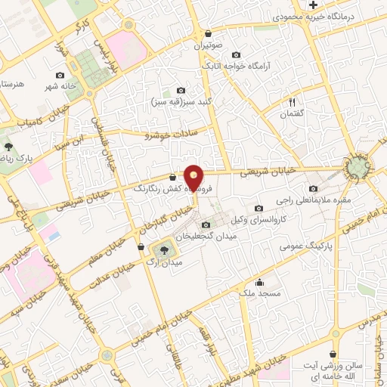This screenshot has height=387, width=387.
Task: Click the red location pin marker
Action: (x=194, y=178)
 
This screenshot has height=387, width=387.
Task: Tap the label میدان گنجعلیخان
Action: (x=206, y=237)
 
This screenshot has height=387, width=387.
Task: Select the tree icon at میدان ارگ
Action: (x=166, y=250)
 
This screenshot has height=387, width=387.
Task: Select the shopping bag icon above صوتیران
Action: (x=208, y=33)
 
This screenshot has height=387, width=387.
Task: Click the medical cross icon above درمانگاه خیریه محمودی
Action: (x=313, y=5)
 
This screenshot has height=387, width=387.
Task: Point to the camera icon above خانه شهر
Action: (x=60, y=75)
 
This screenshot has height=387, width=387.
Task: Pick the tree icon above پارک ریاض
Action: (x=9, y=146)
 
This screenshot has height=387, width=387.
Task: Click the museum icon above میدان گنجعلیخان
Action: (x=206, y=224)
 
